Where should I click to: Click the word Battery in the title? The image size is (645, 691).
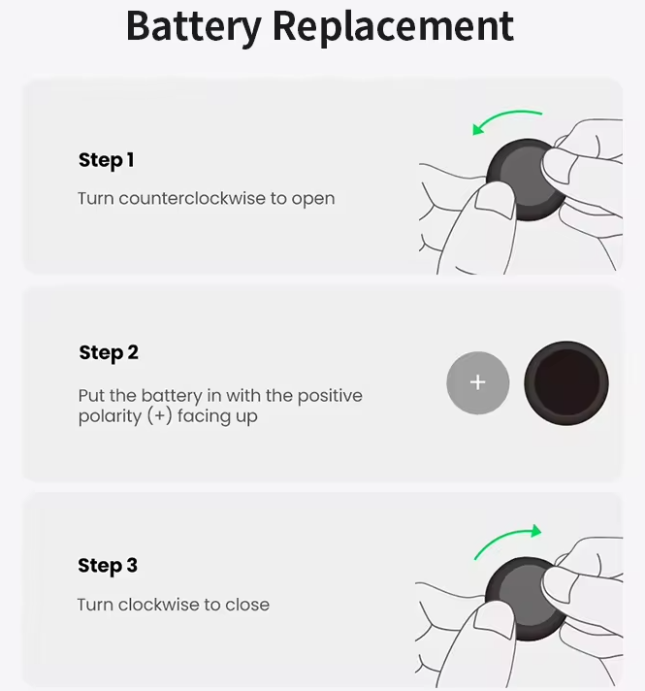(194, 26)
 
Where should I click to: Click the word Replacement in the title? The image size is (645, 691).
(393, 26)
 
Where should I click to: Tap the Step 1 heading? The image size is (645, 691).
(106, 160)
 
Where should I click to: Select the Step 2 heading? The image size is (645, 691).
(109, 353)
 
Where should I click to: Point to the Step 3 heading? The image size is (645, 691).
(108, 566)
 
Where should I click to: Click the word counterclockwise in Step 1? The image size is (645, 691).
(192, 198)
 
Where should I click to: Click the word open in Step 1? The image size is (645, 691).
(313, 200)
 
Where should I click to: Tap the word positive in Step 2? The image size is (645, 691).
(330, 396)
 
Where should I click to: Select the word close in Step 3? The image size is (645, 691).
(247, 605)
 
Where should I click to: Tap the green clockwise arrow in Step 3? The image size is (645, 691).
(503, 538)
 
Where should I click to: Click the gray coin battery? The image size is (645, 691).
(478, 382)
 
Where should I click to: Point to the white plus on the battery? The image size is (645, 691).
(478, 382)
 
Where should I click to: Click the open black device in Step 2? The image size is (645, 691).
(566, 383)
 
